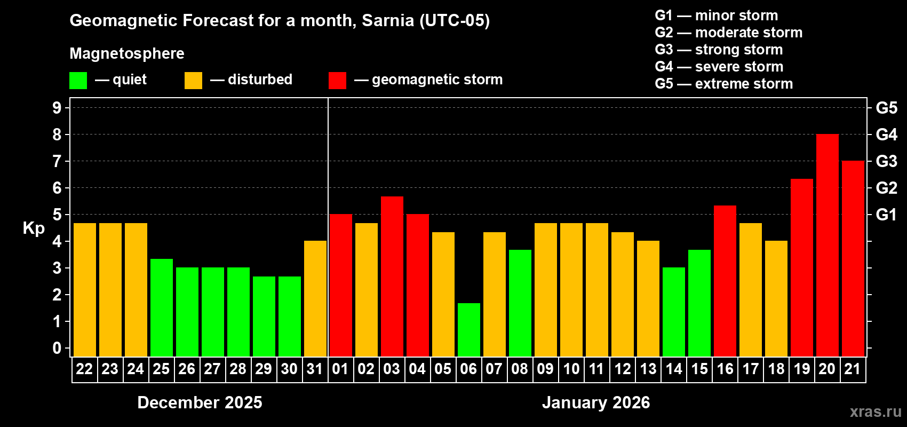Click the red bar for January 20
tap(827, 246)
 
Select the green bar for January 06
tap(468, 330)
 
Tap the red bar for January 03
tap(392, 276)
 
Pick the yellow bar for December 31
tap(315, 299)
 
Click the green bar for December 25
tap(161, 308)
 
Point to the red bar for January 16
tap(725, 281)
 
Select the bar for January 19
tap(801, 268)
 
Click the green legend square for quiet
tap(78, 81)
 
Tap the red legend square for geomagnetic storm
tap(337, 81)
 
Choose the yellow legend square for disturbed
tap(193, 81)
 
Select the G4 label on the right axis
tap(886, 135)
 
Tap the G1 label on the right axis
tap(886, 215)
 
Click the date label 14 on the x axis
tap(673, 369)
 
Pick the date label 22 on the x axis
tap(84, 369)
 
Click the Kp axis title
tap(34, 228)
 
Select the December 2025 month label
tap(200, 402)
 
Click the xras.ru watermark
tap(875, 412)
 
